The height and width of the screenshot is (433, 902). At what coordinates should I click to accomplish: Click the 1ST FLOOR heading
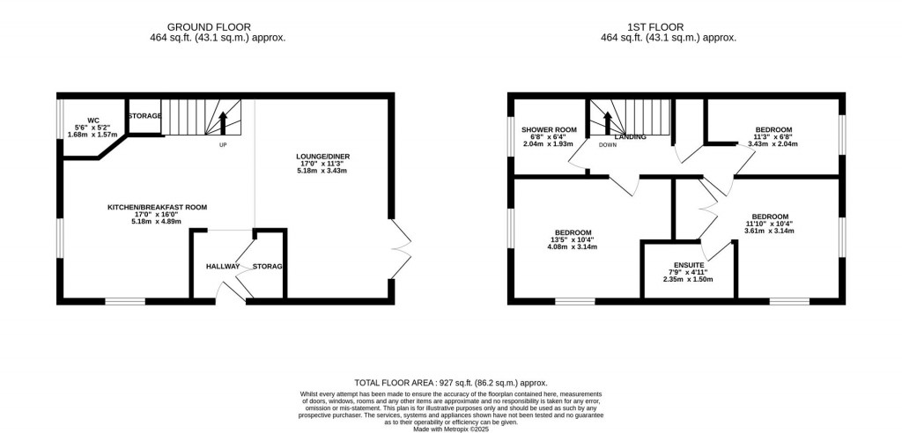point(668,27)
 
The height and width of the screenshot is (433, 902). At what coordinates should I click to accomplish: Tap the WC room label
point(92,121)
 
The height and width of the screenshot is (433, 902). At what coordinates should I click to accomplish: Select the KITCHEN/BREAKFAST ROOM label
point(157,207)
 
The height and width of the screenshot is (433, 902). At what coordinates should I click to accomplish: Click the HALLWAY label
point(224,267)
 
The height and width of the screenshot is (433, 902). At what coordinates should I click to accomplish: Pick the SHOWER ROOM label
point(548,130)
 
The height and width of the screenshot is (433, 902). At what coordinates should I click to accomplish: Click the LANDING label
point(631,137)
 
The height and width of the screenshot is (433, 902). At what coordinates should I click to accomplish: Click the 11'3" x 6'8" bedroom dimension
point(773,137)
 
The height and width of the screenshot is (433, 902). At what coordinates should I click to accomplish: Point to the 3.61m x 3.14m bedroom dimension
point(769,231)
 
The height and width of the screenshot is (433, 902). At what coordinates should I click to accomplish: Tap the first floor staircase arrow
point(606,122)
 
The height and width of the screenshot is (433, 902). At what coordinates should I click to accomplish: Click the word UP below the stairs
point(223,145)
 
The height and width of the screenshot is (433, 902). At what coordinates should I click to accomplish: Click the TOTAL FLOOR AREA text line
point(450,383)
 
